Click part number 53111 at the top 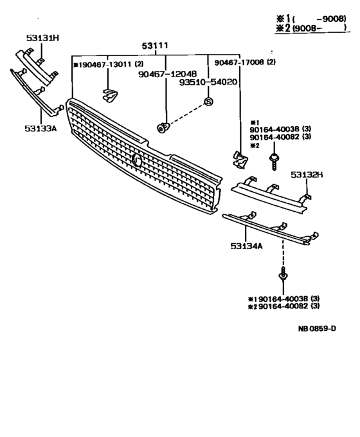pyautogui.click(x=155, y=45)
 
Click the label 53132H pyautogui.click(x=307, y=174)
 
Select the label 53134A pyautogui.click(x=245, y=245)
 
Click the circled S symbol pyautogui.click(x=208, y=101)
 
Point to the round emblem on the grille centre pyautogui.click(x=137, y=161)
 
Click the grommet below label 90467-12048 pyautogui.click(x=163, y=126)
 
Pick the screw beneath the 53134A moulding pyautogui.click(x=282, y=277)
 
